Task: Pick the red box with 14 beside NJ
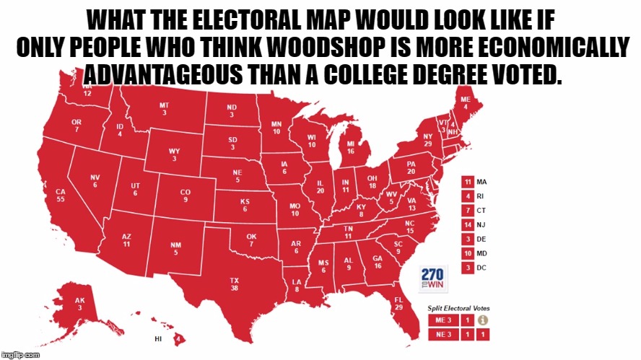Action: click(x=468, y=224)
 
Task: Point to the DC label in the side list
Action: click(x=481, y=268)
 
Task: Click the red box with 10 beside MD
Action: click(x=468, y=253)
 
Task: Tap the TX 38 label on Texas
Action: click(x=235, y=284)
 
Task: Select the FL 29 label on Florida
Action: click(x=398, y=303)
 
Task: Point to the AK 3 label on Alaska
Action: click(x=80, y=303)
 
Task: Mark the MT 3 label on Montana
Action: click(x=165, y=109)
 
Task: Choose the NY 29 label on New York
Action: click(x=428, y=140)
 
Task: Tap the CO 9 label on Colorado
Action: click(x=186, y=196)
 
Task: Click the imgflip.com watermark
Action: click(x=22, y=355)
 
